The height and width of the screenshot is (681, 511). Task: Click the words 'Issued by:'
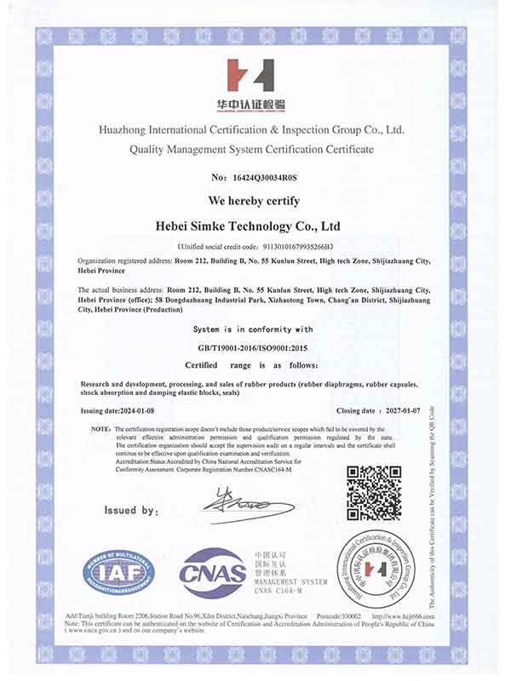[131, 511]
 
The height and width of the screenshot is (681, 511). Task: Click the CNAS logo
[212, 572]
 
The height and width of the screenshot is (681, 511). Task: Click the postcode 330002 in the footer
[350, 615]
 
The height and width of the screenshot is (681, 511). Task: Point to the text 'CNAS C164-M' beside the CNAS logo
[282, 588]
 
